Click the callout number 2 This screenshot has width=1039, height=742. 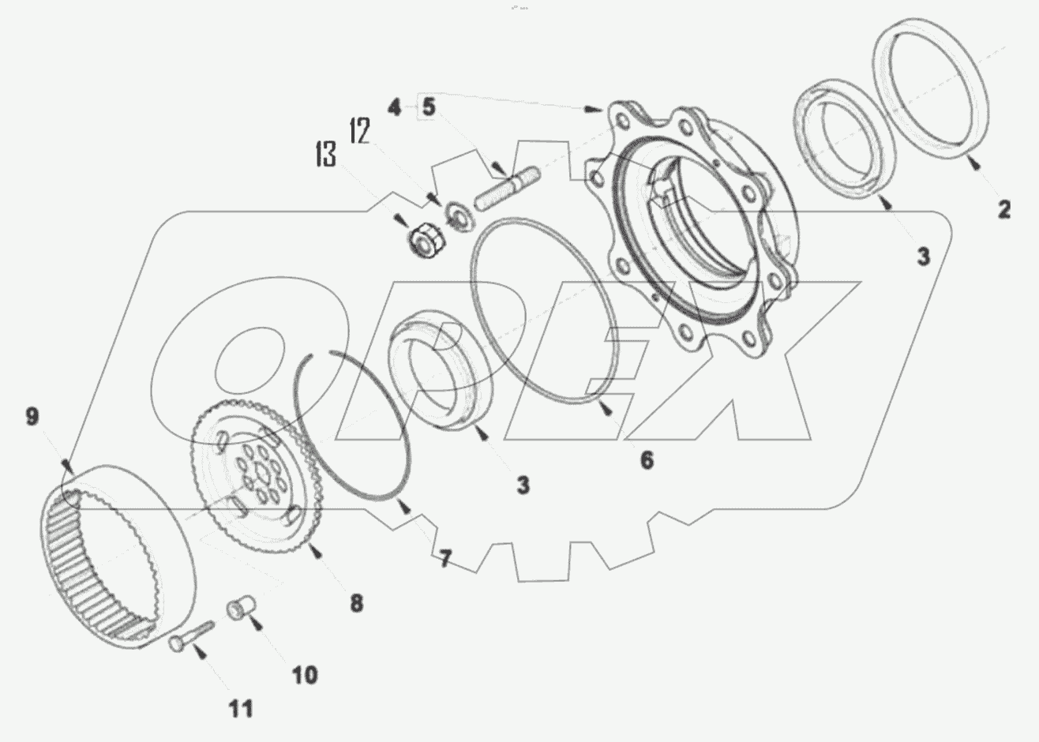pyautogui.click(x=1003, y=209)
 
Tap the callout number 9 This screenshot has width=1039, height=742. pyautogui.click(x=32, y=416)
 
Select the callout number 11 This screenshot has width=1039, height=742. pyautogui.click(x=241, y=708)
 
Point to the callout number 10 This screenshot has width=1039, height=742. pyautogui.click(x=305, y=674)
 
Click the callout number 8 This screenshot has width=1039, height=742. pyautogui.click(x=356, y=604)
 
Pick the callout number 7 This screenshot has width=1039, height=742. pyautogui.click(x=445, y=560)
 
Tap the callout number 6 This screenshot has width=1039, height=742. pyautogui.click(x=647, y=459)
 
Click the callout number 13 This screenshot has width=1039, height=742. pyautogui.click(x=325, y=155)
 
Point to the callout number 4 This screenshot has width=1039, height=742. pyautogui.click(x=394, y=107)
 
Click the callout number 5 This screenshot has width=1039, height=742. pyautogui.click(x=428, y=107)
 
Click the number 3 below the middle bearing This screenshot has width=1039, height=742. pyautogui.click(x=523, y=484)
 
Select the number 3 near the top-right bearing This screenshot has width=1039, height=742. pyautogui.click(x=923, y=256)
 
